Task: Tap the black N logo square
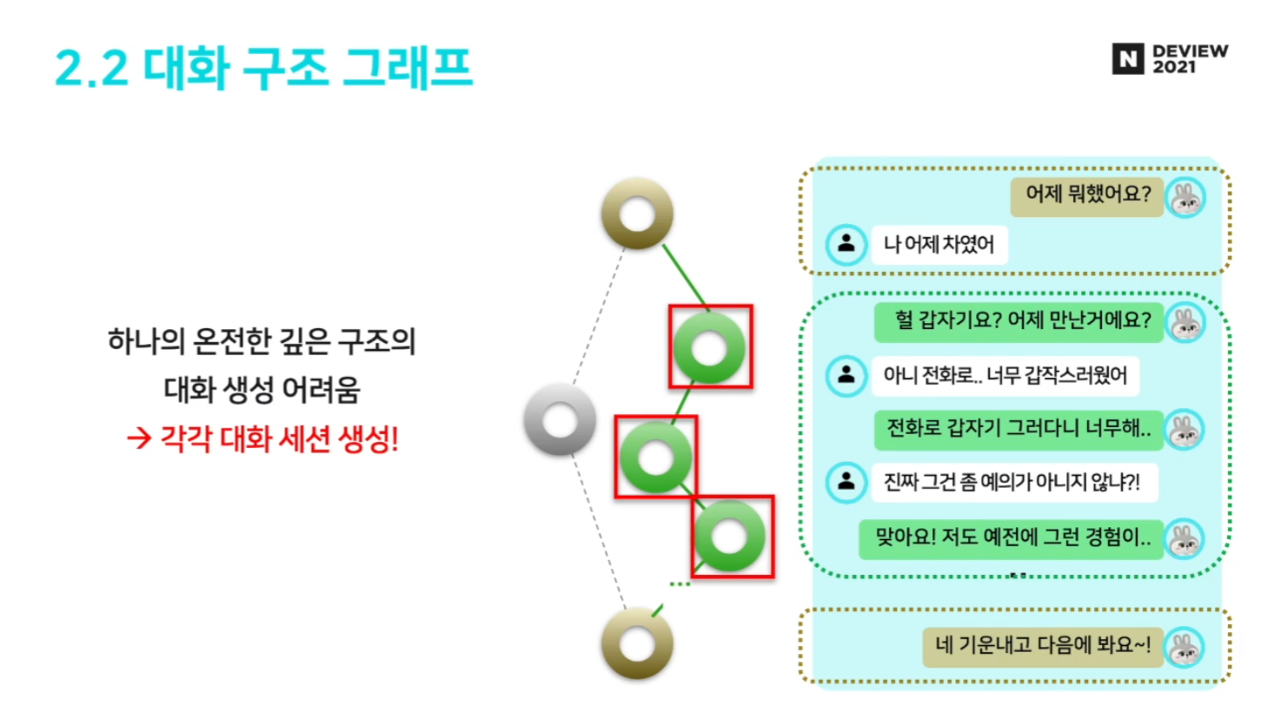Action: click(1128, 59)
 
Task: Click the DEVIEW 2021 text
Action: click(1189, 59)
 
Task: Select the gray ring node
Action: click(560, 420)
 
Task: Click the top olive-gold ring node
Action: click(637, 214)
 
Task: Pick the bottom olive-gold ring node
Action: click(637, 643)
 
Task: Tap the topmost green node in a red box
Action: click(710, 347)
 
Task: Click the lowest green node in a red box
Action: click(731, 537)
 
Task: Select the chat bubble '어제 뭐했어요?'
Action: click(1086, 194)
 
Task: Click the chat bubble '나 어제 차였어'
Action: click(939, 244)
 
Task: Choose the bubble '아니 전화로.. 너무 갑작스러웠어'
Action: click(1004, 376)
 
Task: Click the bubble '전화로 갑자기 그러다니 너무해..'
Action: click(1018, 429)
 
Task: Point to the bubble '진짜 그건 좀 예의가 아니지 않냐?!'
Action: click(1012, 483)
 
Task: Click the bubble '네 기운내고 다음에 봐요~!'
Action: click(1042, 646)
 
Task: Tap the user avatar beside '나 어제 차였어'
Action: click(846, 244)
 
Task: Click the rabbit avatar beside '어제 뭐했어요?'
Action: click(1185, 198)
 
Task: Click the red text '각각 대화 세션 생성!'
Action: click(279, 439)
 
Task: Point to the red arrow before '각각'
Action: click(139, 438)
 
